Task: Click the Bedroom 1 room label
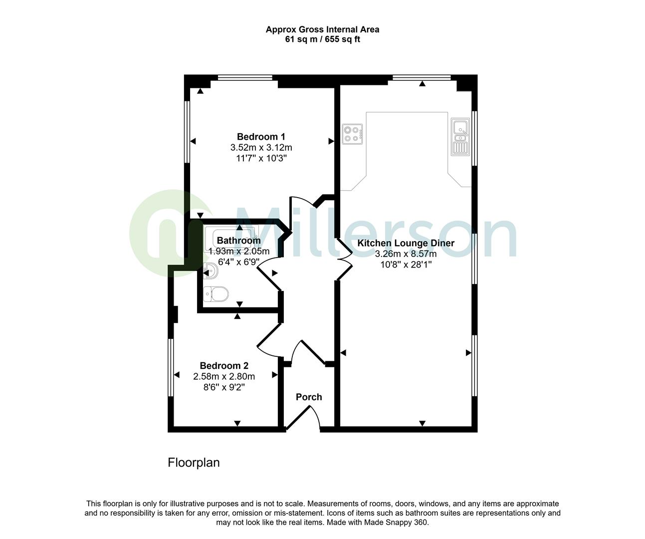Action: coord(261,137)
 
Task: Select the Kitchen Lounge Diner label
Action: coord(406,244)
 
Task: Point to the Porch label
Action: coord(309,397)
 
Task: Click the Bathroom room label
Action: coord(238,241)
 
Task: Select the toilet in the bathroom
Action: coord(216,293)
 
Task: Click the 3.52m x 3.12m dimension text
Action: coord(261,148)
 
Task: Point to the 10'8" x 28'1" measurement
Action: coord(406,265)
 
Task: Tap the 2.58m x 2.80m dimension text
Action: coord(224,377)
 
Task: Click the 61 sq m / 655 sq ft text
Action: coord(322,39)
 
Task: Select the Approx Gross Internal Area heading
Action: coord(322,29)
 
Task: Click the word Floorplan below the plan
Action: coord(194,463)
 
